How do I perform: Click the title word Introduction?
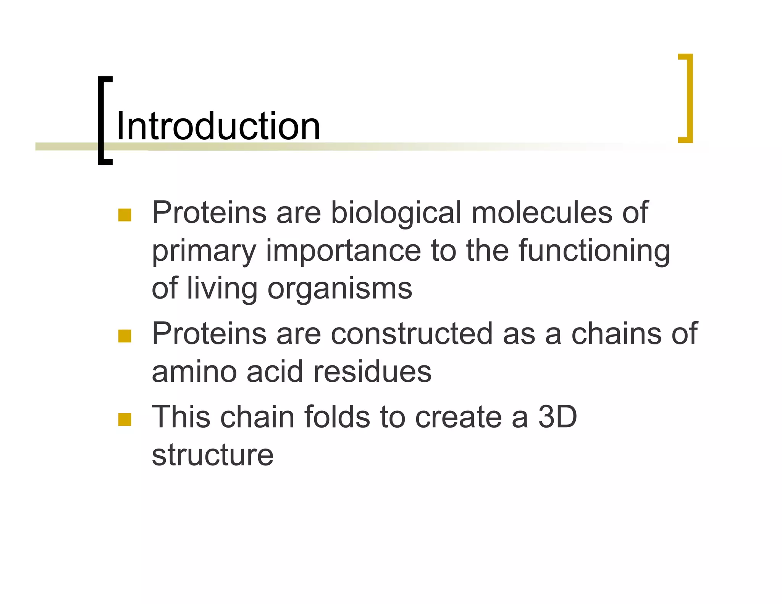tap(218, 126)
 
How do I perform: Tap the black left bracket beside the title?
tap(102, 121)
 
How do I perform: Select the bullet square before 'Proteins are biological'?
tap(125, 215)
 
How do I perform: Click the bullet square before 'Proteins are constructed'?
tap(125, 336)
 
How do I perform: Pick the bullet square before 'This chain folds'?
tap(125, 419)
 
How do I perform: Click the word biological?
tap(396, 213)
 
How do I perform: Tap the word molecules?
tap(542, 213)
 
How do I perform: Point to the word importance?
tap(343, 250)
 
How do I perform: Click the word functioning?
tap(594, 251)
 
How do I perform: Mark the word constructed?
tap(412, 333)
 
